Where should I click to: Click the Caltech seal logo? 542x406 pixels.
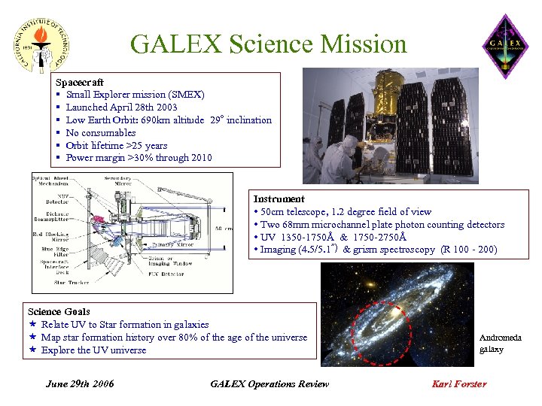tap(43, 44)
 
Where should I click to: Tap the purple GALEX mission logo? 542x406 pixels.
tap(505, 46)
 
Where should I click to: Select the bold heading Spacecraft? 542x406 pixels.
tap(80, 81)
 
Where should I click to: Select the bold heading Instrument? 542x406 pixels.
tap(279, 199)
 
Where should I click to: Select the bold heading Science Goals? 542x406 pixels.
tap(59, 311)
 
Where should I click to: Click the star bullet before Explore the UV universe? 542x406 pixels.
tap(33, 350)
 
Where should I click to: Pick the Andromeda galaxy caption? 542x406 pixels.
tap(500, 344)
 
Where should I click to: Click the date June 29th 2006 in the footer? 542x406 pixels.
tap(80, 384)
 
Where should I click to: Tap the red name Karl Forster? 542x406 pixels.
tap(458, 384)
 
